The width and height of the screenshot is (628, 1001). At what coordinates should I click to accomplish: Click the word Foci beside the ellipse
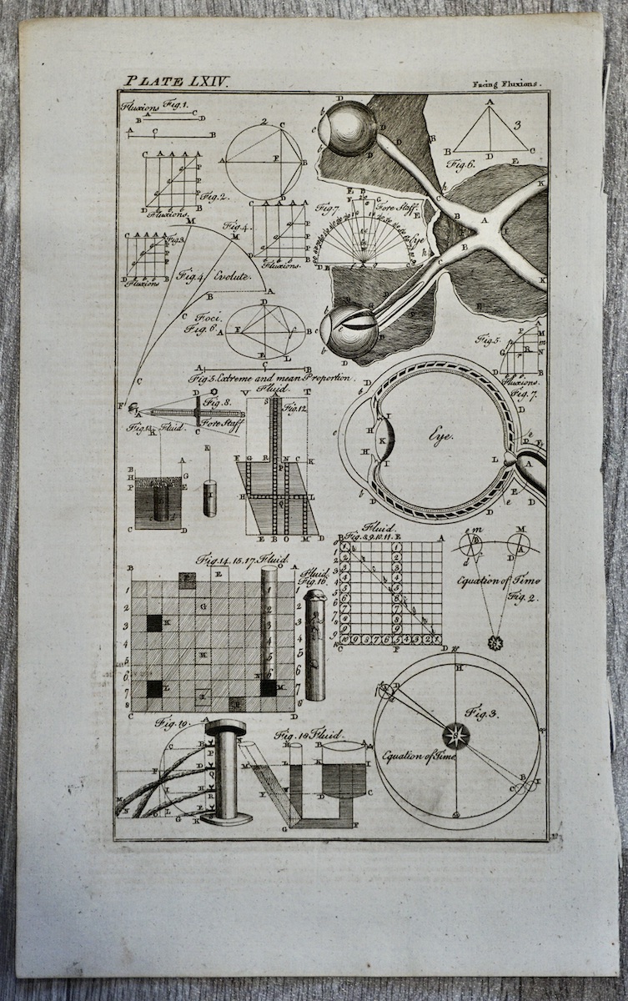click(207, 318)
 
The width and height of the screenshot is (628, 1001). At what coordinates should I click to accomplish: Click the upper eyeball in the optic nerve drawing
click(350, 128)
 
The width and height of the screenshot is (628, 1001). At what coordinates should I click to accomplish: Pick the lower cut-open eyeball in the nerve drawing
click(350, 331)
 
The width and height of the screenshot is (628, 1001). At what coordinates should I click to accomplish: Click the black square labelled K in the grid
click(154, 622)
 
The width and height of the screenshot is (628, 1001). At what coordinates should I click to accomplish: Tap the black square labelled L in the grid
click(154, 688)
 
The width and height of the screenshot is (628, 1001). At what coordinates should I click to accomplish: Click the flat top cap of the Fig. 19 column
click(225, 727)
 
